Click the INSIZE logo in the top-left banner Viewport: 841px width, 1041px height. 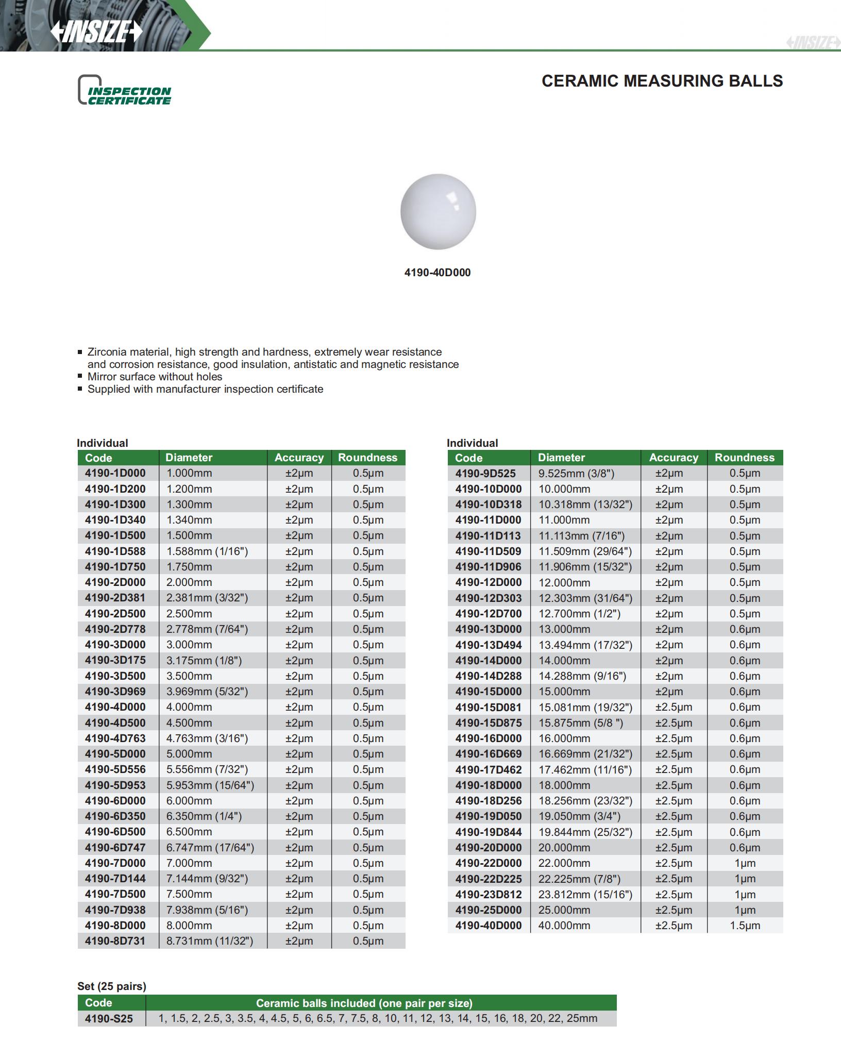tap(96, 32)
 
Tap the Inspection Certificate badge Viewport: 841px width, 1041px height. tap(125, 91)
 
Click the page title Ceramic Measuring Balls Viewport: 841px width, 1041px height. tap(662, 81)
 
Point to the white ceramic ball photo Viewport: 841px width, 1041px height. tap(438, 211)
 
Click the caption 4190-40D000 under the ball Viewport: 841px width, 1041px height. tap(437, 273)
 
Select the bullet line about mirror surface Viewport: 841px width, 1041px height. tap(155, 377)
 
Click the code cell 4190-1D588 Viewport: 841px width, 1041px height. tap(115, 551)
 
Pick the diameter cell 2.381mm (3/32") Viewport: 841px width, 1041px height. tap(207, 598)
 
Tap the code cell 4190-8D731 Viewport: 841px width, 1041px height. tap(115, 941)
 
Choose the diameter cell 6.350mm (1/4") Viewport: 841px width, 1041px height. tap(204, 816)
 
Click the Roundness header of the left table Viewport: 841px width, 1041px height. tap(367, 458)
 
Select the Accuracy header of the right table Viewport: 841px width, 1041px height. tap(674, 458)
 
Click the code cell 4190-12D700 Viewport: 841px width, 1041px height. tap(488, 614)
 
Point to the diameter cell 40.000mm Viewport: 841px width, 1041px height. tap(564, 925)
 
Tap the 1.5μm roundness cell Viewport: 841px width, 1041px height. tap(745, 925)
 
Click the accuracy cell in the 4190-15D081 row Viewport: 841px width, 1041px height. tap(674, 707)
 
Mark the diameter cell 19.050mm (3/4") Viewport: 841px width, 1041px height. tap(579, 816)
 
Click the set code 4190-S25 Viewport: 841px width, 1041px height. tap(109, 1018)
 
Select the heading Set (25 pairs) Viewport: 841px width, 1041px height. tap(112, 986)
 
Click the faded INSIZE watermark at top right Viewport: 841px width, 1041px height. tap(813, 42)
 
